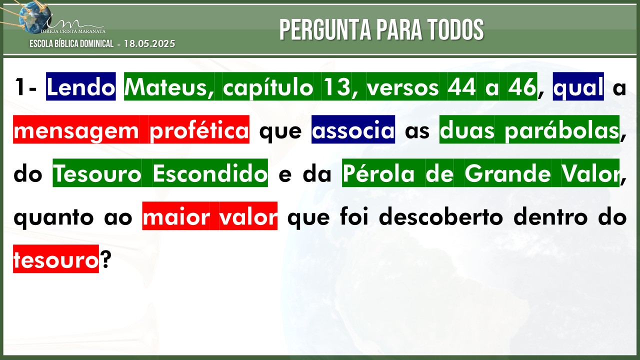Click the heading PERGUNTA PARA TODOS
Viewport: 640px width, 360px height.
(381, 29)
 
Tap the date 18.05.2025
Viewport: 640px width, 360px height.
(149, 43)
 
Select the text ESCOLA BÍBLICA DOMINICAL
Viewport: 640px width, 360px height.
(71, 43)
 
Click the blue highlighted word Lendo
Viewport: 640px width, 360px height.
(81, 86)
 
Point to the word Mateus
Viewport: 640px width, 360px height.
(169, 87)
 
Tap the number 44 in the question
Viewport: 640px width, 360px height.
(462, 87)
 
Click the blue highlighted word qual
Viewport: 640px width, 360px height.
(578, 86)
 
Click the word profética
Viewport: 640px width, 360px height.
(199, 129)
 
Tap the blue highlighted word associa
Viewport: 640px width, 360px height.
(353, 129)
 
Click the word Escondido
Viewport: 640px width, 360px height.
(210, 173)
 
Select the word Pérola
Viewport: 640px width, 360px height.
(378, 173)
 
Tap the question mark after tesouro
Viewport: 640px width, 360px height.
(105, 259)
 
